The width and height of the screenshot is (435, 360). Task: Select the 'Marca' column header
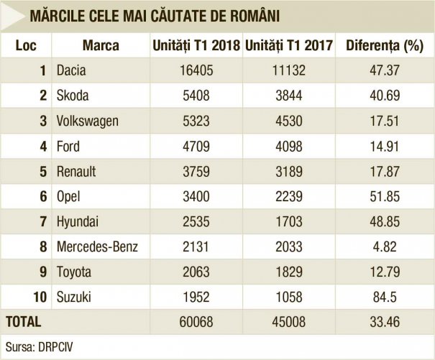pyautogui.click(x=101, y=46)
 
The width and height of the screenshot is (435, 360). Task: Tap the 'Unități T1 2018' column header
pyautogui.click(x=196, y=46)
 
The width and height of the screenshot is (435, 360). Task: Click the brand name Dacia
pyautogui.click(x=71, y=70)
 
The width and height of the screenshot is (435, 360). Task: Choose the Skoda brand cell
pyautogui.click(x=73, y=96)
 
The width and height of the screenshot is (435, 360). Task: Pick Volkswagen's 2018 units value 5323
pyautogui.click(x=196, y=121)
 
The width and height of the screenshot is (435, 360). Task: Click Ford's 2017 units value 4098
pyautogui.click(x=288, y=147)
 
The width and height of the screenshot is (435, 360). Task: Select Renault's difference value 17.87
pyautogui.click(x=383, y=172)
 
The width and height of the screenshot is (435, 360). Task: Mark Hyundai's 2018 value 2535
pyautogui.click(x=196, y=222)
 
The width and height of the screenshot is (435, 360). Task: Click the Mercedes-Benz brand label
pyautogui.click(x=97, y=247)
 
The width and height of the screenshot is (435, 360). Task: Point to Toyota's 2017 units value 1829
pyautogui.click(x=288, y=272)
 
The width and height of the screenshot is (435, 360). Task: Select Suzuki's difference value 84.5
pyautogui.click(x=383, y=297)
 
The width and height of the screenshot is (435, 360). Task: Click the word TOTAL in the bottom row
pyautogui.click(x=24, y=321)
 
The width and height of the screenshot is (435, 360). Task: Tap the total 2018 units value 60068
pyautogui.click(x=196, y=321)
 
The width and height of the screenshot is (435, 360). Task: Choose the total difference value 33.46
pyautogui.click(x=383, y=321)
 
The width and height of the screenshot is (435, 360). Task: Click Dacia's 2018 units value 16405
pyautogui.click(x=196, y=70)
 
